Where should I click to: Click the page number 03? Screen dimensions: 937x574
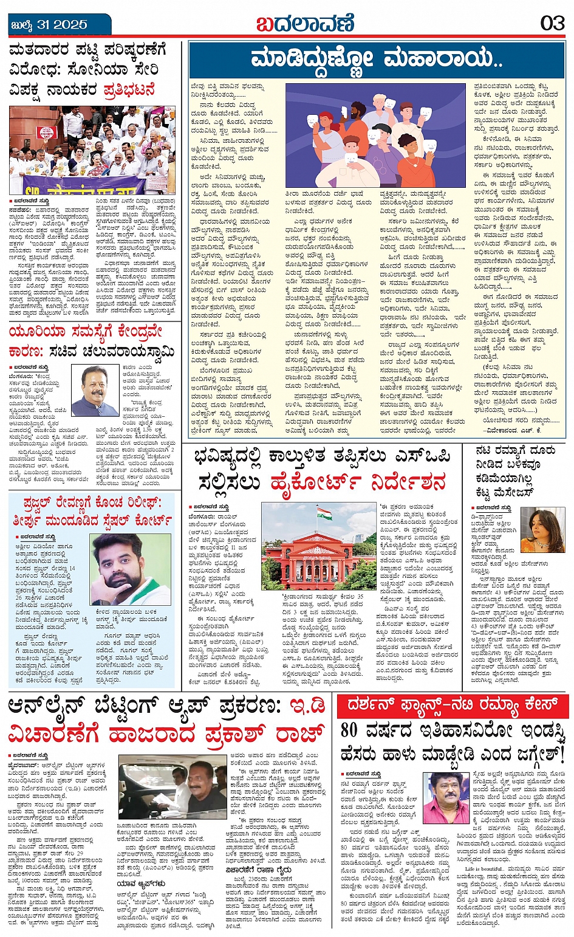coord(552,24)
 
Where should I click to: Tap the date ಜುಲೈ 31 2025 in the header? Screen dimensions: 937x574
coord(49,25)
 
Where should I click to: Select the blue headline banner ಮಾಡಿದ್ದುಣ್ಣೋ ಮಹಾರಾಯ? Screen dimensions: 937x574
coord(377,60)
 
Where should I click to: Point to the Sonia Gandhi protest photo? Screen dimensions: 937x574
coord(92,150)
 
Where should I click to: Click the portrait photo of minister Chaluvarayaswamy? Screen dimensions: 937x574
coord(96,390)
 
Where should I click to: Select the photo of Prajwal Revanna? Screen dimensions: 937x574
coord(130,569)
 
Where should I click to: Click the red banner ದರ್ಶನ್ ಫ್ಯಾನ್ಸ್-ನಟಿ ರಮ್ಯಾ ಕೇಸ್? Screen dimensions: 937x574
coord(453,705)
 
